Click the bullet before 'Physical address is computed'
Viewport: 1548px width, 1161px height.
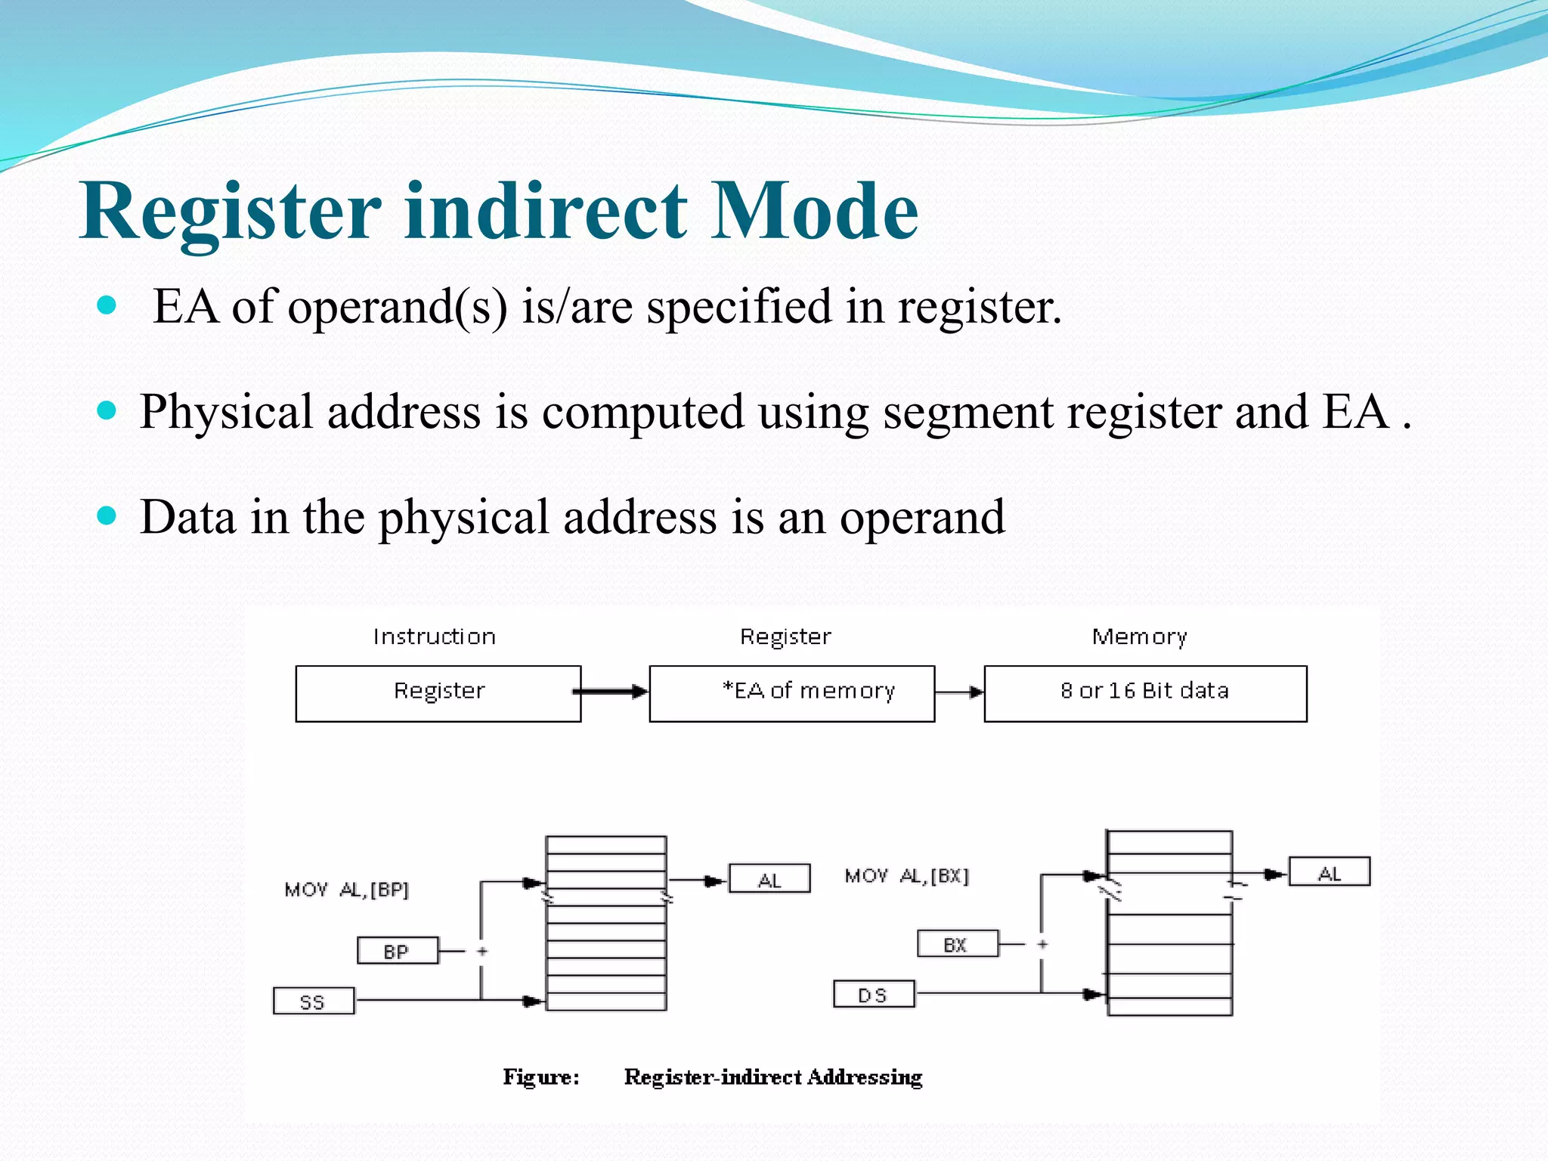[x=107, y=410]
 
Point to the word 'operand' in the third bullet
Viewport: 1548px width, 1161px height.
[x=922, y=518]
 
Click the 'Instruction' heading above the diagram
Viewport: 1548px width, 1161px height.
[x=435, y=637]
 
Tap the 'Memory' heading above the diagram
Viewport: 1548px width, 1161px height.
[x=1139, y=637]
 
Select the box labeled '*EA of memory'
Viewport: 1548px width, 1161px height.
[x=791, y=693]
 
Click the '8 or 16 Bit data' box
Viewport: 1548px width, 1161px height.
[x=1144, y=693]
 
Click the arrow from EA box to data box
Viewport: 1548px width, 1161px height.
[x=958, y=692]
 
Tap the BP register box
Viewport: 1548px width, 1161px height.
[x=397, y=951]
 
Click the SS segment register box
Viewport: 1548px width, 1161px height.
[x=313, y=1002]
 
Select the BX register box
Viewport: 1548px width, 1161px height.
[x=957, y=944]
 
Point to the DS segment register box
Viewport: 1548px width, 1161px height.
[x=873, y=995]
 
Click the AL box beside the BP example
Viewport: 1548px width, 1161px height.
[x=769, y=879]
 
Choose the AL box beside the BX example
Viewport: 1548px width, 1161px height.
[x=1329, y=872]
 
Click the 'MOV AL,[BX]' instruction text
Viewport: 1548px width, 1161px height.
[x=906, y=876]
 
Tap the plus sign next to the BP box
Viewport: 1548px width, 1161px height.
[x=482, y=951]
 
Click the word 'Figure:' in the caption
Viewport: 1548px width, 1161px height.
[x=541, y=1076]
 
